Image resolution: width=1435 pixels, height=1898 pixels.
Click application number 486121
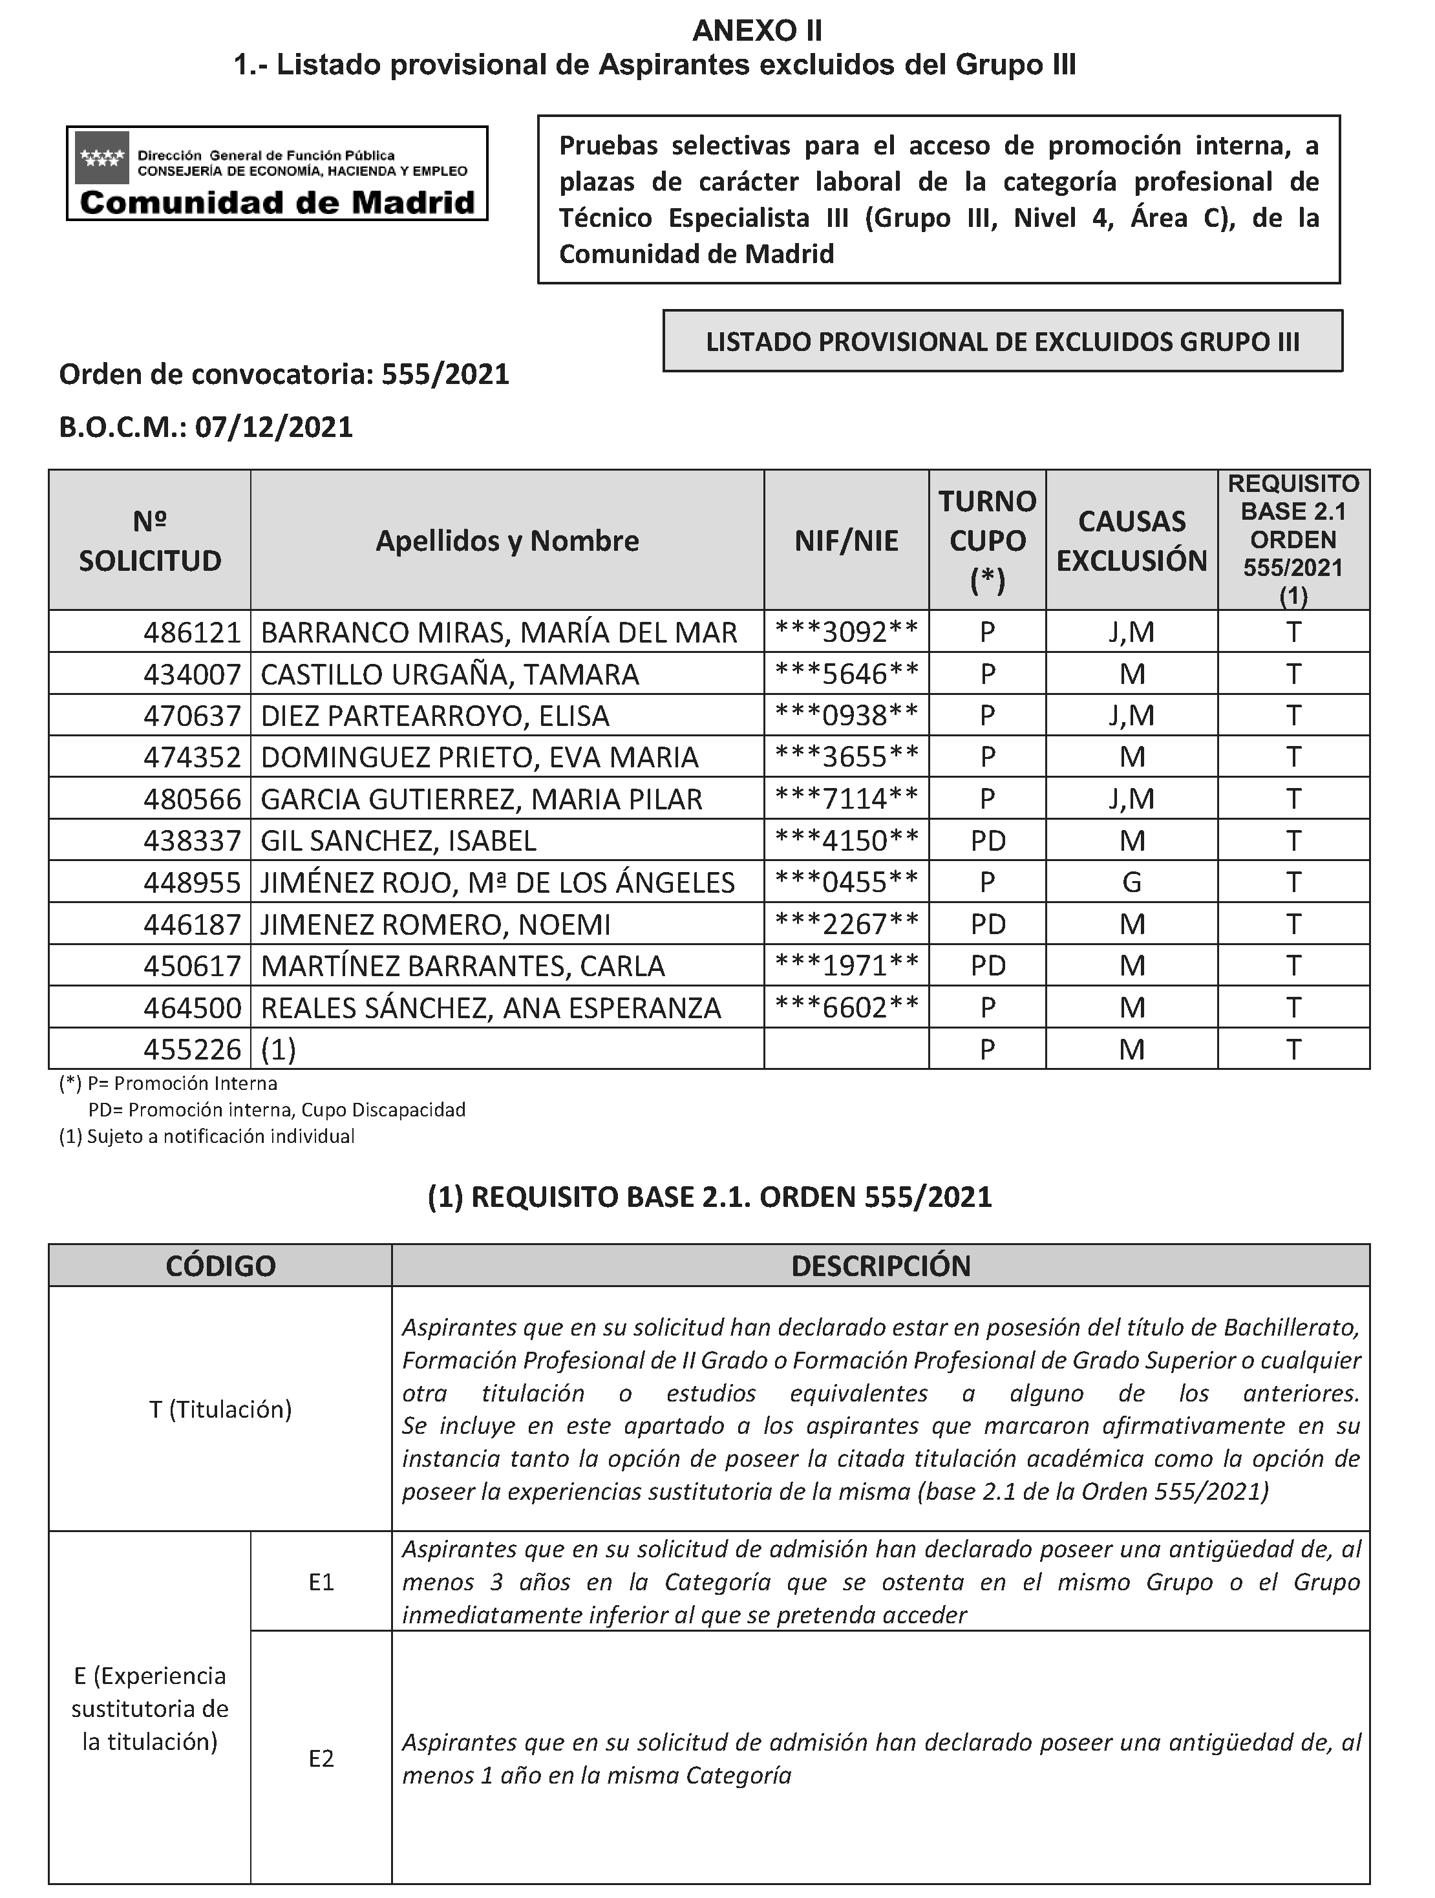[x=192, y=632]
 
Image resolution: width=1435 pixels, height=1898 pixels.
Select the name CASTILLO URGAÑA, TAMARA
[x=449, y=674]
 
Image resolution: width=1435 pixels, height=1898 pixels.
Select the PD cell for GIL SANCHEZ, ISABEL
[x=987, y=841]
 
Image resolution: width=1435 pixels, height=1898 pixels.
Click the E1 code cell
[x=321, y=1583]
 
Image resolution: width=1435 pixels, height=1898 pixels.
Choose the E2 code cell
[x=321, y=1759]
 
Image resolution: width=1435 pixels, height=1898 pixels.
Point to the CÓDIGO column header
[x=220, y=1266]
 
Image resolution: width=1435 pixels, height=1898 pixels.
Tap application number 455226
[x=192, y=1049]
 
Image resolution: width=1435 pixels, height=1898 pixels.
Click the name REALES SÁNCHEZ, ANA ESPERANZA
[x=491, y=1008]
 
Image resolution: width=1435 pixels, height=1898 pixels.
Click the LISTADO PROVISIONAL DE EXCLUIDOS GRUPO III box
[x=1002, y=341]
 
